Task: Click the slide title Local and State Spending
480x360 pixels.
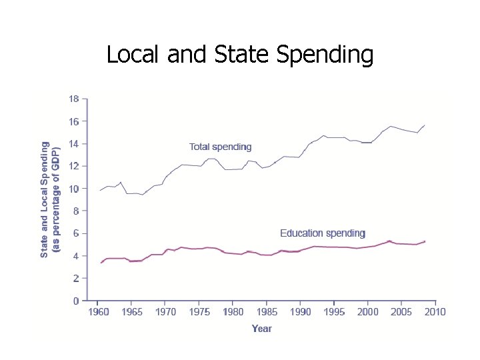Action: pyautogui.click(x=240, y=55)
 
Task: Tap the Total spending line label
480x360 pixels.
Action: pyautogui.click(x=221, y=147)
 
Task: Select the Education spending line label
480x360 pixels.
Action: pyautogui.click(x=323, y=233)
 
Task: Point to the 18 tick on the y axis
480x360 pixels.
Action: pyautogui.click(x=74, y=99)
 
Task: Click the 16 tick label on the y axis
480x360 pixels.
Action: pyautogui.click(x=74, y=121)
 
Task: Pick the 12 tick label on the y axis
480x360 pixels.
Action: pyautogui.click(x=74, y=166)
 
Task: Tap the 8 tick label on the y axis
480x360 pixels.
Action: pyautogui.click(x=76, y=211)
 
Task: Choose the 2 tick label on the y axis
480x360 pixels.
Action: pyautogui.click(x=76, y=278)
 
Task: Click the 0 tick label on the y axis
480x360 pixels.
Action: pyautogui.click(x=76, y=301)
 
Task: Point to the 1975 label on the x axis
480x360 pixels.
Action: pyautogui.click(x=199, y=312)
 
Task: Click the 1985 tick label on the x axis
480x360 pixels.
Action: pyautogui.click(x=267, y=312)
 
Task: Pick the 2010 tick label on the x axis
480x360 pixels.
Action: pyautogui.click(x=435, y=312)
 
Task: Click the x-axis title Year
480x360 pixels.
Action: pyautogui.click(x=262, y=329)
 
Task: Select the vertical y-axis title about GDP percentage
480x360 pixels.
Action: pyautogui.click(x=51, y=199)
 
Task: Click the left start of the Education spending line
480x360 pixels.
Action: pyautogui.click(x=101, y=262)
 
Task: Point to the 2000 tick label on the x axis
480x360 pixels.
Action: pyautogui.click(x=368, y=312)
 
